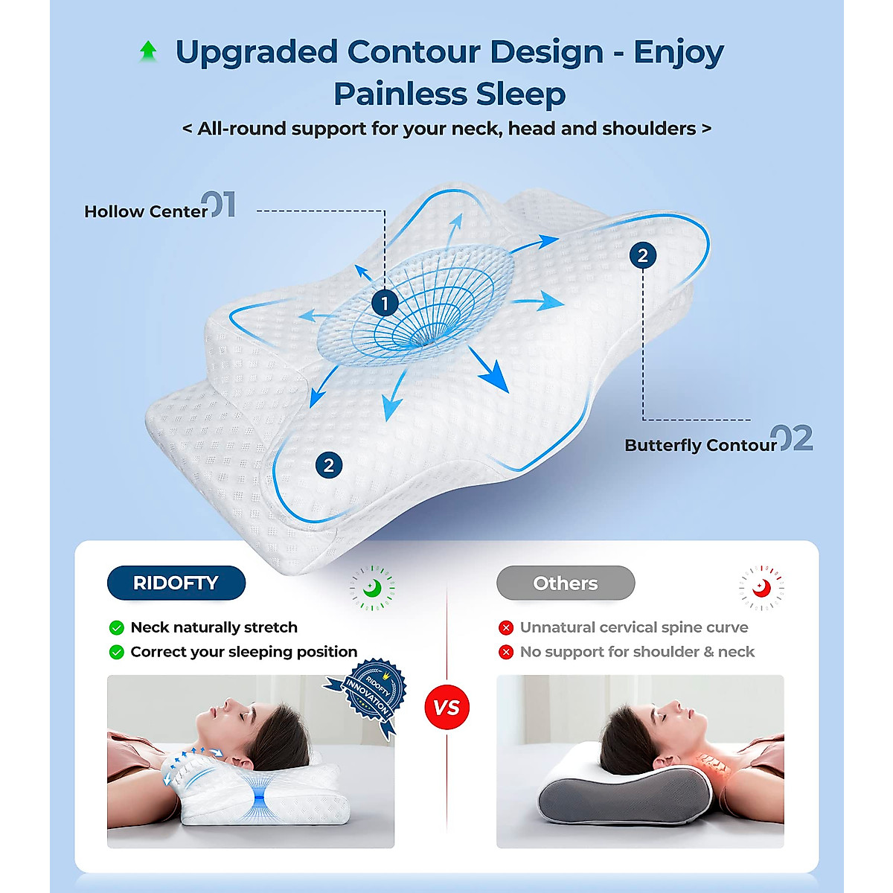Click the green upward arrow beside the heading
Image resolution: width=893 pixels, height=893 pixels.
tap(148, 51)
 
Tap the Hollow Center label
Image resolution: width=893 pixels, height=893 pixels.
tap(146, 211)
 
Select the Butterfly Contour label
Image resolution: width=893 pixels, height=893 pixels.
tap(700, 445)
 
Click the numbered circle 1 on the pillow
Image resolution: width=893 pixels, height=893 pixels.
tap(385, 303)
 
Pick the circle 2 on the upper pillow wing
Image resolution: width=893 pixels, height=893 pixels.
tap(643, 255)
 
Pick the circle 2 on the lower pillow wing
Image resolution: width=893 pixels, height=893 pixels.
tap(329, 465)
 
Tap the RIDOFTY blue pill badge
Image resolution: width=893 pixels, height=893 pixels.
tap(176, 583)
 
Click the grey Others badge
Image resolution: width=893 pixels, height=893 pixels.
tap(566, 583)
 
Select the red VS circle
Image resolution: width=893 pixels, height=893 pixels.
tap(446, 707)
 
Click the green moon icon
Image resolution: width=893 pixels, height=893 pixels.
tap(372, 588)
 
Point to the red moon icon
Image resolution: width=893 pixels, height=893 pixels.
tap(761, 588)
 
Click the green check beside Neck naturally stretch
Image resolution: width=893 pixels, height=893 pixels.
tap(116, 627)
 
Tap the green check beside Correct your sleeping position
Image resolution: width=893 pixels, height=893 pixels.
tap(116, 652)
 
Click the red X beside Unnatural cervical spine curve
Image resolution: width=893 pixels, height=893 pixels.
tap(506, 627)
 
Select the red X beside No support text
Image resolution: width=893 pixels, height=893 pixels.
tap(506, 652)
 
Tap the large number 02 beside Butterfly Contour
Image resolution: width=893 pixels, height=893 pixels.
tap(792, 439)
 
